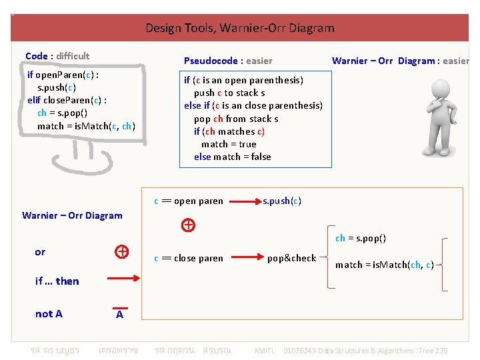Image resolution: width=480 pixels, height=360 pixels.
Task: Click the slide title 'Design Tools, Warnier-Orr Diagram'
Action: pyautogui.click(x=239, y=28)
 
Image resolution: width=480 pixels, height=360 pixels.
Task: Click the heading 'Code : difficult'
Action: pyautogui.click(x=57, y=56)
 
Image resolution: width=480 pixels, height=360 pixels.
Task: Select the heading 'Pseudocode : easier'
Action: pyautogui.click(x=228, y=61)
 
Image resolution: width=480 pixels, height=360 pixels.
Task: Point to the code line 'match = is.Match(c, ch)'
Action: pyautogui.click(x=86, y=126)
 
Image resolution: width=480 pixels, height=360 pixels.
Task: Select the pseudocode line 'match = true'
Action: pyautogui.click(x=229, y=144)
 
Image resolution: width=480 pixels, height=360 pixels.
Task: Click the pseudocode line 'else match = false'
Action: pyautogui.click(x=232, y=157)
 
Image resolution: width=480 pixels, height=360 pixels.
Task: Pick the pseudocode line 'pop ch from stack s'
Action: pyautogui.click(x=236, y=119)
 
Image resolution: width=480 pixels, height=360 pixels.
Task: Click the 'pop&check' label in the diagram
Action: pyautogui.click(x=291, y=258)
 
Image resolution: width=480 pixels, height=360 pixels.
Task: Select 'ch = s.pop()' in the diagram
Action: pyautogui.click(x=360, y=238)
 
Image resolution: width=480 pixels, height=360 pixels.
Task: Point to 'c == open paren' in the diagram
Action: pyautogui.click(x=189, y=201)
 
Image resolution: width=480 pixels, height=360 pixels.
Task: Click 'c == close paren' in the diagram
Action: pyautogui.click(x=189, y=258)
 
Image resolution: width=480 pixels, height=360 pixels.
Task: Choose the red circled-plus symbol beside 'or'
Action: pyautogui.click(x=121, y=251)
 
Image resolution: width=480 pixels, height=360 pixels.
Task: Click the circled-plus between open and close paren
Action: pyautogui.click(x=189, y=225)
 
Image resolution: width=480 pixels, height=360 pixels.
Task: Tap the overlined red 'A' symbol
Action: pyautogui.click(x=119, y=313)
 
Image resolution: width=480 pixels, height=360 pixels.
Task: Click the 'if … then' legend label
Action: pyautogui.click(x=57, y=281)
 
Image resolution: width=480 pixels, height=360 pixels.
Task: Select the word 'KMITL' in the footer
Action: pyautogui.click(x=265, y=351)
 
